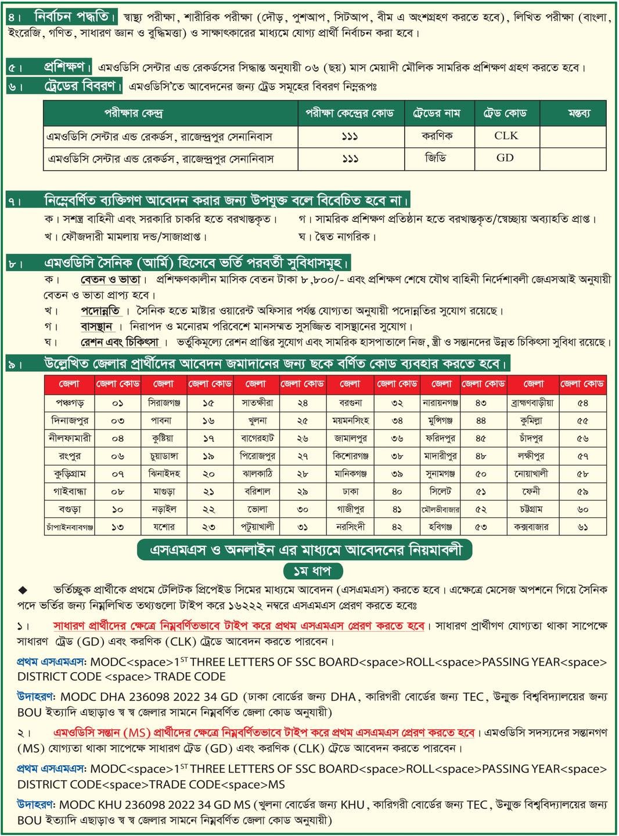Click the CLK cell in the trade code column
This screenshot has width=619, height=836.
506,136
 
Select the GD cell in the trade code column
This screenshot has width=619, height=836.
505,158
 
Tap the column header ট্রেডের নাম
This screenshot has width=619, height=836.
439,113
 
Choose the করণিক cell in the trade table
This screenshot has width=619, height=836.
438,136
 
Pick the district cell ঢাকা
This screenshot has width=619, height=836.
351,492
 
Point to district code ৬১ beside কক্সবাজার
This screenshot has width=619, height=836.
582,527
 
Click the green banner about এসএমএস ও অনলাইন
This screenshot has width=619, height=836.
305,550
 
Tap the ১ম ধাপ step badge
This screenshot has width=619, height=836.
312,571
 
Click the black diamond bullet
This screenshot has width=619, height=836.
23,590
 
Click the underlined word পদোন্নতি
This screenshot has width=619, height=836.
100,311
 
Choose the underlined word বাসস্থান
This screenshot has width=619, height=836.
96,326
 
